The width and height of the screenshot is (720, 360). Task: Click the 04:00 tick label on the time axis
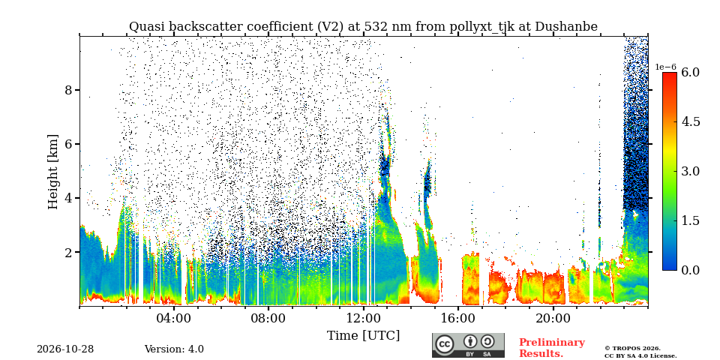175,318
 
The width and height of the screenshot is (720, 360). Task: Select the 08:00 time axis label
269,318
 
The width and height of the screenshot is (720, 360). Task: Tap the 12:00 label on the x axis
364,318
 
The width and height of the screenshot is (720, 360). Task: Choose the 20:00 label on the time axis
553,318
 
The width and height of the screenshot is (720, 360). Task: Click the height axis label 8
68,90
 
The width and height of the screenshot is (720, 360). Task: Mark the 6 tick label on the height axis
68,144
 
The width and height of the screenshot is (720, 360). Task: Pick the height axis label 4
68,198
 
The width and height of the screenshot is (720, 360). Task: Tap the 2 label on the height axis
68,253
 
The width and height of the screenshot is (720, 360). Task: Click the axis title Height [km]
54,172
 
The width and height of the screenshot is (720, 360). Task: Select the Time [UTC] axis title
363,336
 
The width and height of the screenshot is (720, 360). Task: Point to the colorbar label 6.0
690,72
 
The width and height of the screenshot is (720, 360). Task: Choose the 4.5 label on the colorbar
690,121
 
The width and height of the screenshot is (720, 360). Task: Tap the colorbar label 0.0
690,270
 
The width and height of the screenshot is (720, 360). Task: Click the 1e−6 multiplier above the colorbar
665,67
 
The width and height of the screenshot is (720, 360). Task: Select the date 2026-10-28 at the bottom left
65,349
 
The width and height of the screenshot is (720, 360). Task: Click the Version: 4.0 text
174,349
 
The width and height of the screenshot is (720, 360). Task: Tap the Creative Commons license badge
468,345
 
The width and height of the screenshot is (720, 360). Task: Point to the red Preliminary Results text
552,348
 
